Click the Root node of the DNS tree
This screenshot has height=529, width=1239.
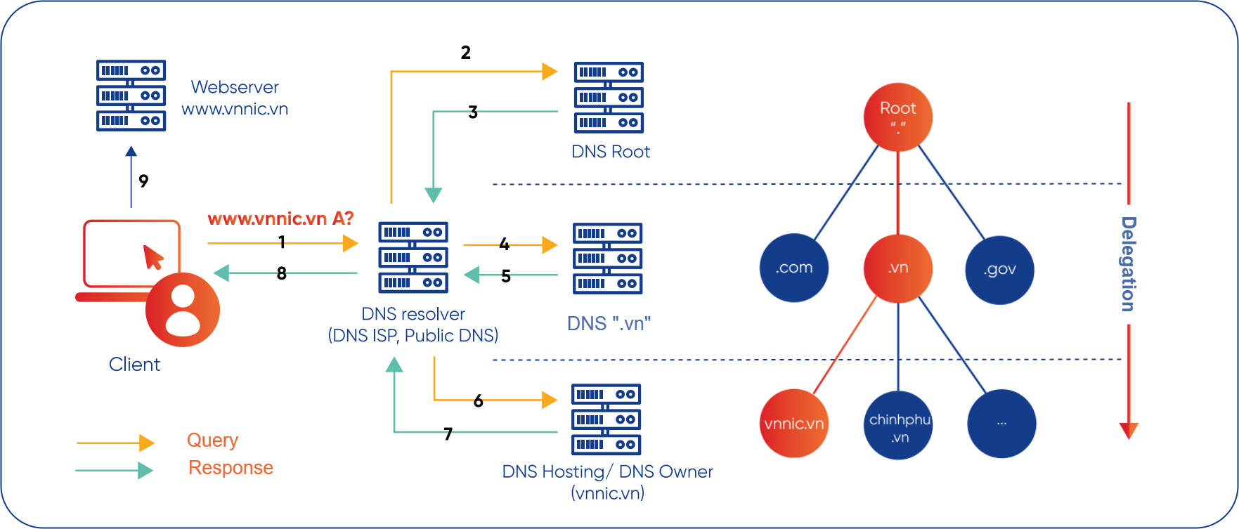click(897, 117)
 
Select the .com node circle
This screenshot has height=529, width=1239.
click(794, 268)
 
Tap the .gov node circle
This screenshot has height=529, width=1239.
click(1000, 270)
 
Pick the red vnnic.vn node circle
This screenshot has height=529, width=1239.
click(794, 424)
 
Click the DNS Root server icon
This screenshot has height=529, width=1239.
click(609, 98)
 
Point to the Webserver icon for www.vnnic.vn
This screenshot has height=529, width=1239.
click(131, 96)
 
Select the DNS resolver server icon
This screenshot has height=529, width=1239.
click(413, 257)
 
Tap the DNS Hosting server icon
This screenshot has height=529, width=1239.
click(606, 419)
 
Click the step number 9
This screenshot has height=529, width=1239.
click(143, 181)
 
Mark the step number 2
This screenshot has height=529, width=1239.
click(465, 53)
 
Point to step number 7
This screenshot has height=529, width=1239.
click(448, 434)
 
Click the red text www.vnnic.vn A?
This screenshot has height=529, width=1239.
click(280, 218)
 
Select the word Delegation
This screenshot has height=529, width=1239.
click(1128, 264)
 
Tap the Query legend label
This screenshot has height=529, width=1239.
click(212, 440)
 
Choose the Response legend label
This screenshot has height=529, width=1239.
click(231, 468)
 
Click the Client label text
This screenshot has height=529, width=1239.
click(134, 365)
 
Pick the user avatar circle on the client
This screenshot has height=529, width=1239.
click(183, 310)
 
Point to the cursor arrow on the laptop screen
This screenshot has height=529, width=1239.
click(153, 257)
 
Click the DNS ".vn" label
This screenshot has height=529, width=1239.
click(609, 324)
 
